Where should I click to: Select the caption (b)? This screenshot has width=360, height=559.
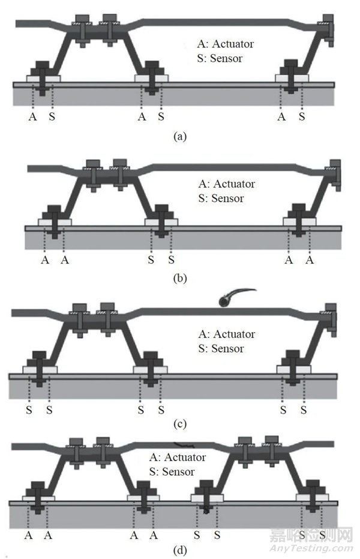tap(179, 278)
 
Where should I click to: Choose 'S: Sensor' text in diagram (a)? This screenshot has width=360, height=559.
tap(220, 59)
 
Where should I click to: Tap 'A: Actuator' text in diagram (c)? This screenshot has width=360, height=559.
tap(226, 334)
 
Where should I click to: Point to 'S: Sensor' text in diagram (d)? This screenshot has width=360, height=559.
tap(172, 472)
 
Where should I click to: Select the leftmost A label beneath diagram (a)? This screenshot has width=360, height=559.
tap(32, 116)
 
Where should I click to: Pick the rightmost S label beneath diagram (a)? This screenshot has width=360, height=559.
tap(302, 116)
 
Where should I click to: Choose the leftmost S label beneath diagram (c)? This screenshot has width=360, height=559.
tap(29, 411)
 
